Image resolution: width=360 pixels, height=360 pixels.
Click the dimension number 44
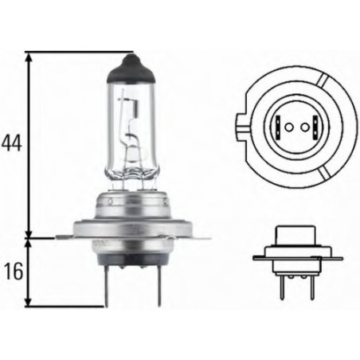[x=10, y=143]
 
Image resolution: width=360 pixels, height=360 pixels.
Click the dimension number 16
[x=10, y=272]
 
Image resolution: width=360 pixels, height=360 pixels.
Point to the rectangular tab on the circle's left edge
[x=241, y=126]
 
